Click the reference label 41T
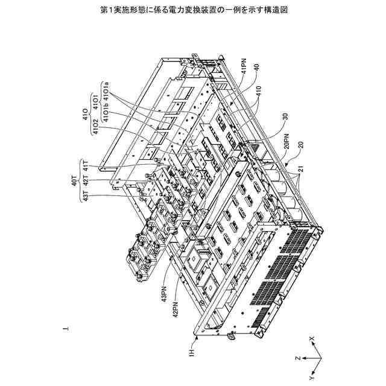(86, 165)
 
